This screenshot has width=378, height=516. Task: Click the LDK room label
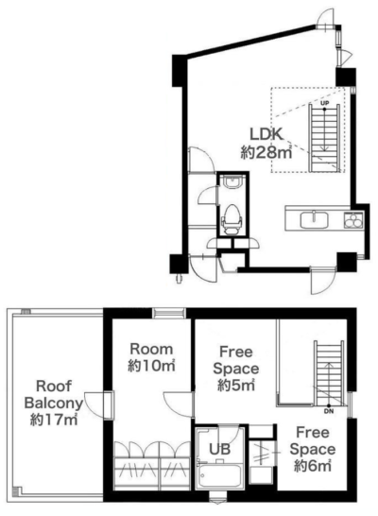(x=266, y=134)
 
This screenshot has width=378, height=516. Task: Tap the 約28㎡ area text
(x=266, y=152)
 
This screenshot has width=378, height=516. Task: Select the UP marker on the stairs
(x=325, y=103)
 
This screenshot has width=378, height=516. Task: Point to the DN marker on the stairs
(x=328, y=411)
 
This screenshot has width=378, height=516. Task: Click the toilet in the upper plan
(x=232, y=219)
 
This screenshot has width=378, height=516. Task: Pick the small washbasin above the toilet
(x=232, y=181)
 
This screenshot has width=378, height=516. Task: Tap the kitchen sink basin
(x=314, y=220)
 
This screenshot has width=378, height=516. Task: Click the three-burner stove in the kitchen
(x=353, y=220)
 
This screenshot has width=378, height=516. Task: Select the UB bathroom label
(x=220, y=449)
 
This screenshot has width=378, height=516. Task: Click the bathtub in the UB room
(x=220, y=476)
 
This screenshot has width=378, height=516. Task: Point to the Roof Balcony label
(x=54, y=395)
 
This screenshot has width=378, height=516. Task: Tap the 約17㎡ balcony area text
(x=54, y=420)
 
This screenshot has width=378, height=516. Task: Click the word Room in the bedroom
(x=151, y=349)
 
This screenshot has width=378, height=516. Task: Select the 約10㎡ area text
(x=151, y=366)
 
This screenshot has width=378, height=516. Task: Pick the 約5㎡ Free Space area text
(x=236, y=385)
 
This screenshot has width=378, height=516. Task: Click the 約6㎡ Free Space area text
(x=312, y=466)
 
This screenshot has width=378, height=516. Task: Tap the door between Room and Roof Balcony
(x=98, y=404)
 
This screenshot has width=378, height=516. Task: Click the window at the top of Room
(x=169, y=313)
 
